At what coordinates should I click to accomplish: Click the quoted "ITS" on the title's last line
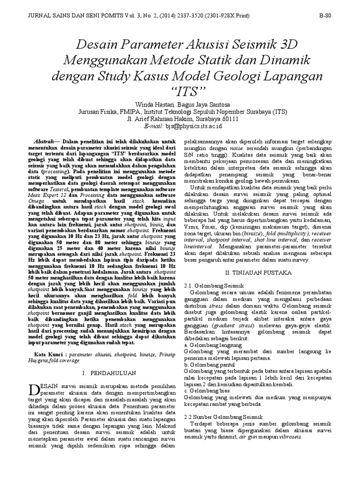[180, 90]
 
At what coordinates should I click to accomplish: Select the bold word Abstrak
[45, 141]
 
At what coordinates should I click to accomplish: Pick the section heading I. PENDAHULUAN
[109, 373]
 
